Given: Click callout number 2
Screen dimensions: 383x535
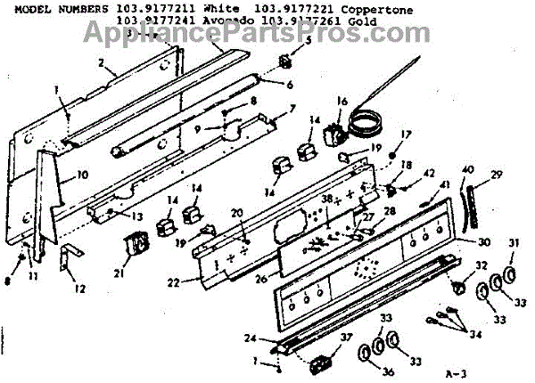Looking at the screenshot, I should point(102,63).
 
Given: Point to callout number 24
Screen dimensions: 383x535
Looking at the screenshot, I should point(252,338).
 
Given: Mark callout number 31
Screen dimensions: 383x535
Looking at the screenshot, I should point(513,243).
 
